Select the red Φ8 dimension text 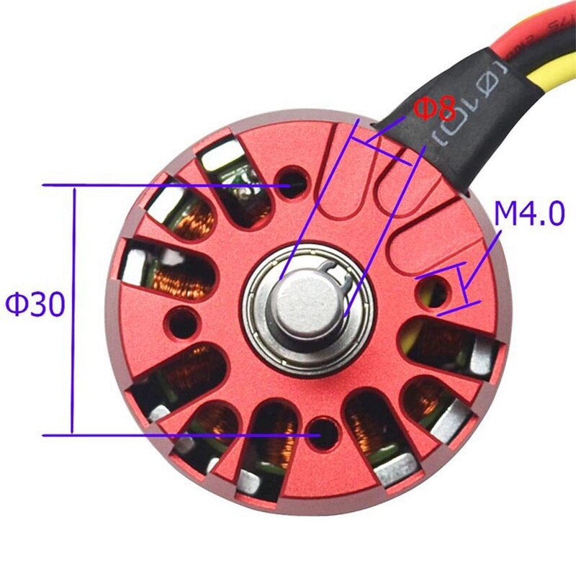(x=435, y=109)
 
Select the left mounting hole (x=183, y=321)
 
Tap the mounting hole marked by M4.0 (x=435, y=292)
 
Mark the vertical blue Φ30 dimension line (x=73, y=310)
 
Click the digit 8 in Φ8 (x=447, y=109)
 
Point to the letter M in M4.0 (x=505, y=215)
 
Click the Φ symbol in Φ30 (x=16, y=305)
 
